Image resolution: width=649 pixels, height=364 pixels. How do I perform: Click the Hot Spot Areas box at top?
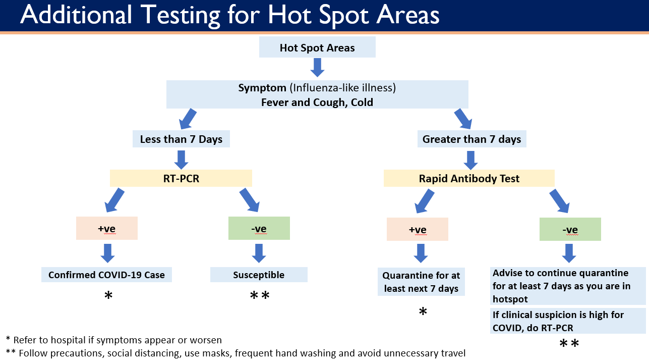(x=317, y=48)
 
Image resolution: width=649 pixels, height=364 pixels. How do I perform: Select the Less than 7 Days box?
(x=181, y=139)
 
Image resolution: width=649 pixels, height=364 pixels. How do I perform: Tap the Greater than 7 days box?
(x=471, y=139)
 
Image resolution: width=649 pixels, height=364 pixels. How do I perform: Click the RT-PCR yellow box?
(x=181, y=178)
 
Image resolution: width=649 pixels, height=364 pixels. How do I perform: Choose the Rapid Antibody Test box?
(x=469, y=179)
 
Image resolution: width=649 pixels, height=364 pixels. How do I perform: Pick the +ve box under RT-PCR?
(x=106, y=228)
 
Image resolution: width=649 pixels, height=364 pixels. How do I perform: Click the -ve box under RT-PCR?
(x=259, y=229)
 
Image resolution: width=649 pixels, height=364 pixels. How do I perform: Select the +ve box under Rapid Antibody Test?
(x=417, y=229)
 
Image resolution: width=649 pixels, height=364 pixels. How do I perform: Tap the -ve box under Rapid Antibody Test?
(x=570, y=229)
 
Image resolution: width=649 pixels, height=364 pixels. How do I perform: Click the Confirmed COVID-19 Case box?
(x=106, y=275)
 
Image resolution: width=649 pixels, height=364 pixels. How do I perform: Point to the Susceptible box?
(x=259, y=275)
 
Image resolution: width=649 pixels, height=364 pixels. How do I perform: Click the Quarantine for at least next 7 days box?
(x=421, y=282)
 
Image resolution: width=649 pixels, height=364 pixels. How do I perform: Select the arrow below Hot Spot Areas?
(x=317, y=67)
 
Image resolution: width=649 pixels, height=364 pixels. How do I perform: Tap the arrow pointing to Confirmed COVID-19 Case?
(x=107, y=253)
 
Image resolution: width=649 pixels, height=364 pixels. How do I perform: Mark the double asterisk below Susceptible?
(x=260, y=295)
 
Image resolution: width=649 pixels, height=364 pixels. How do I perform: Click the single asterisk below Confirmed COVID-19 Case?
(x=108, y=296)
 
